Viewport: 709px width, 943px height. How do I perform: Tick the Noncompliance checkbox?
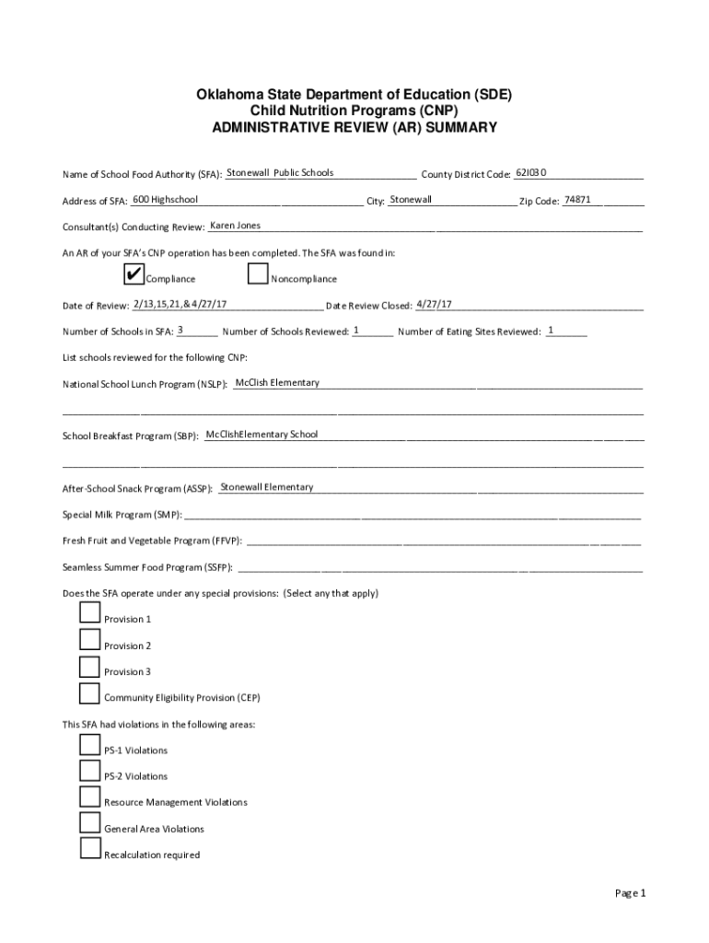pos(258,274)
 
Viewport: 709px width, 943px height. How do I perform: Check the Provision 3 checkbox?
pos(89,667)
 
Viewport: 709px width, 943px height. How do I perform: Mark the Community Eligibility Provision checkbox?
pos(89,693)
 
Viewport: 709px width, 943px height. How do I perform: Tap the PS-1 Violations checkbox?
pos(89,746)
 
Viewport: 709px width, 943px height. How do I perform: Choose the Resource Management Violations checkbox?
pos(89,797)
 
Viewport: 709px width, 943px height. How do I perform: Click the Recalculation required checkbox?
pos(89,850)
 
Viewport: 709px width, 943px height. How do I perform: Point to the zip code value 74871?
pos(577,200)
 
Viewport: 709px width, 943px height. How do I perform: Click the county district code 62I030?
pos(531,172)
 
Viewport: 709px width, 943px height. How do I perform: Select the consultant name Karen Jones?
pos(236,226)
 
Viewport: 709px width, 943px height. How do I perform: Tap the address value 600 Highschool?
pos(165,200)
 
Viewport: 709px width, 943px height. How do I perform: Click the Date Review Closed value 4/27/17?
pos(434,304)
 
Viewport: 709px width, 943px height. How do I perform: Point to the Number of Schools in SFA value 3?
pos(180,330)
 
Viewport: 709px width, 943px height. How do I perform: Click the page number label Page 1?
pos(632,893)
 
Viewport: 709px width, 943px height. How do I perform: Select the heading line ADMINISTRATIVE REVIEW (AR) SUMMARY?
pos(354,128)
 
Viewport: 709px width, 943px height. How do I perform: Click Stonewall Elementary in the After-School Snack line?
pos(267,487)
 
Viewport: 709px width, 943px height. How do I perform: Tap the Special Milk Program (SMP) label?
pos(122,515)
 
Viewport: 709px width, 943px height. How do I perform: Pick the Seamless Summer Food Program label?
pos(147,567)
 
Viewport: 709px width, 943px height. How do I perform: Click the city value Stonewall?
pos(411,200)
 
